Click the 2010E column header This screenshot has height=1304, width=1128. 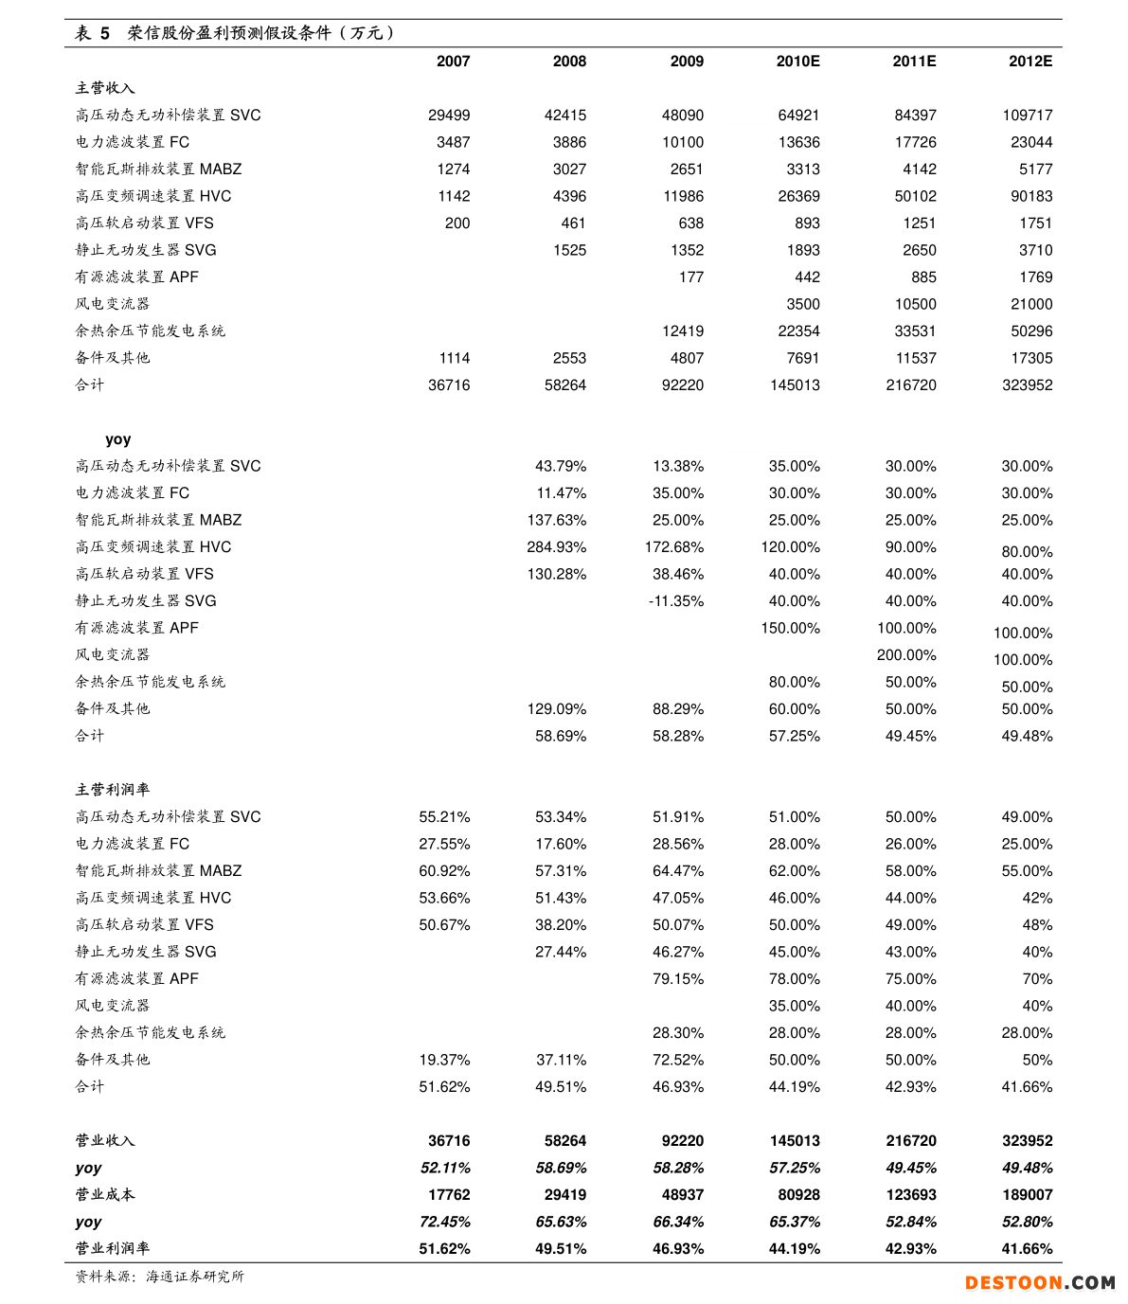pyautogui.click(x=797, y=61)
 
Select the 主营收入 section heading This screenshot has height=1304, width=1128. pyautogui.click(x=105, y=88)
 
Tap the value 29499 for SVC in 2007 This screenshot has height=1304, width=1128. pyautogui.click(x=448, y=115)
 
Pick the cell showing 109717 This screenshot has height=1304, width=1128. pyautogui.click(x=1027, y=115)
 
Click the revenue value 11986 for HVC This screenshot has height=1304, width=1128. pyautogui.click(x=682, y=196)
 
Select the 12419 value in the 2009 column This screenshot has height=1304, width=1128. pyautogui.click(x=682, y=330)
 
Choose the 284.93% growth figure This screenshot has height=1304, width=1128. pyautogui.click(x=556, y=546)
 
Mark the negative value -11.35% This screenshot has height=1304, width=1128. pyautogui.click(x=675, y=600)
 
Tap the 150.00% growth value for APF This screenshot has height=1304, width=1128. pyautogui.click(x=790, y=628)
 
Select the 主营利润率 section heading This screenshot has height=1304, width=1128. pyautogui.click(x=112, y=789)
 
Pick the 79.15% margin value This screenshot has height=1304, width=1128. pyautogui.click(x=677, y=978)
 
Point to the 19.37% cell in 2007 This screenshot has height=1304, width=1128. pyautogui.click(x=444, y=1060)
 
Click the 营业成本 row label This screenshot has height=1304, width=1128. pyautogui.click(x=105, y=1194)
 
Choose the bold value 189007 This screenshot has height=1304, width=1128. pyautogui.click(x=1027, y=1194)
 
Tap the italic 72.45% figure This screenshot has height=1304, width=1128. pyautogui.click(x=444, y=1222)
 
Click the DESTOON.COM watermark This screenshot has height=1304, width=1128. pyautogui.click(x=1039, y=1282)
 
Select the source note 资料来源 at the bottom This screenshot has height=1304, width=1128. pyautogui.click(x=159, y=1276)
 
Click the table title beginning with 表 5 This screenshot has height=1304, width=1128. pyautogui.click(x=234, y=33)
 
